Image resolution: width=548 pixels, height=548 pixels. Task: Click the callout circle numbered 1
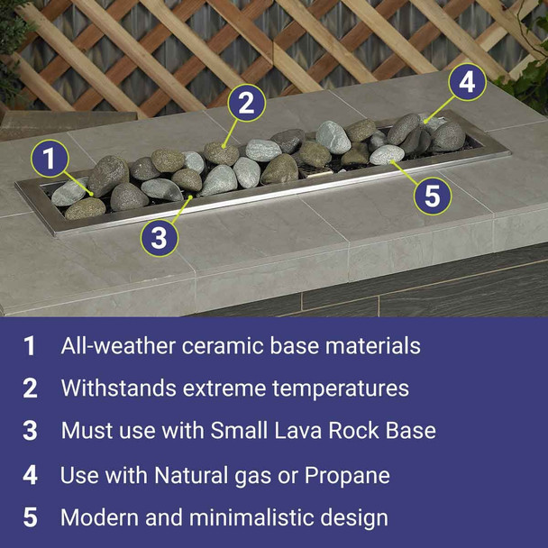click(50, 160)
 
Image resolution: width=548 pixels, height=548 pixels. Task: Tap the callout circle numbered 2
click(246, 104)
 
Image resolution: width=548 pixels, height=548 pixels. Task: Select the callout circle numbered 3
click(160, 237)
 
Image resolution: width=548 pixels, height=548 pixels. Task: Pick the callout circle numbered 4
click(465, 83)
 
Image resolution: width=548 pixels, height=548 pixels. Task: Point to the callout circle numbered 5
click(433, 196)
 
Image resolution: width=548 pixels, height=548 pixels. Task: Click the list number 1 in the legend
click(30, 346)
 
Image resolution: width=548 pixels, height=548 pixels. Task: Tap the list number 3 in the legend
click(30, 431)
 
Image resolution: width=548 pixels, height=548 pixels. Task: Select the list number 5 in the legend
click(30, 518)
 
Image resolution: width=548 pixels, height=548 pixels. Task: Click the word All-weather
click(114, 345)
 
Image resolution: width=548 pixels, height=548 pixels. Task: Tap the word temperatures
click(342, 388)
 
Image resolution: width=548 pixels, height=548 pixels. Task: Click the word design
click(355, 518)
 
